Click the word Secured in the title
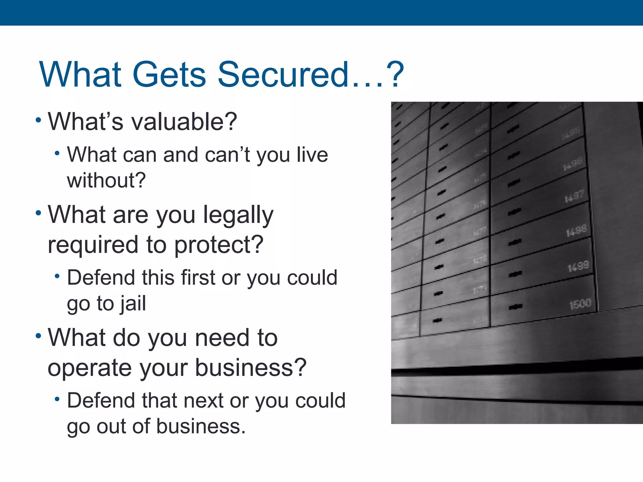click(x=283, y=74)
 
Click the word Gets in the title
click(x=169, y=74)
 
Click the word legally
click(x=238, y=215)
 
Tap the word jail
click(x=133, y=303)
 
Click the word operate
click(x=89, y=367)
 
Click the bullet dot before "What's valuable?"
click(x=38, y=120)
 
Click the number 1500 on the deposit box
click(x=580, y=304)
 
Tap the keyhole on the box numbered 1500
click(x=516, y=307)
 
